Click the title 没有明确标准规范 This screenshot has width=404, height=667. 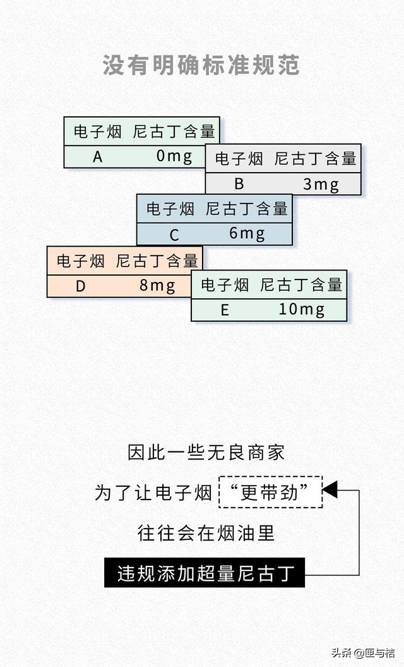(x=201, y=66)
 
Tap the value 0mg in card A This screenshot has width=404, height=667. (x=174, y=156)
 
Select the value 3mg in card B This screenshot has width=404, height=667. (x=321, y=184)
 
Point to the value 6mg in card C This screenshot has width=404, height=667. (x=247, y=234)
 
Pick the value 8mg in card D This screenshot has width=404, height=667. (x=157, y=286)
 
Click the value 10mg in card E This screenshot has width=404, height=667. (x=301, y=310)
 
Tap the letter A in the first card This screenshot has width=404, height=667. (x=97, y=157)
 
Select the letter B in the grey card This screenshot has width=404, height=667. (x=239, y=184)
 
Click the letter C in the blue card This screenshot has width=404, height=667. (x=174, y=235)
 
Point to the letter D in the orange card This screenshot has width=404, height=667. (x=80, y=286)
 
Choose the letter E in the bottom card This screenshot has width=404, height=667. (x=224, y=310)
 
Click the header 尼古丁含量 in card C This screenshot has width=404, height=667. (x=247, y=208)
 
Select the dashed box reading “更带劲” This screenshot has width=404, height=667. (x=270, y=492)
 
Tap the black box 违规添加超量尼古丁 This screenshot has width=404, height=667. (x=205, y=573)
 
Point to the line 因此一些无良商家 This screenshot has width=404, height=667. (x=206, y=452)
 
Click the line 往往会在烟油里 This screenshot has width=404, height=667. (x=206, y=533)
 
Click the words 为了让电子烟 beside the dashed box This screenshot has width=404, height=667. (x=153, y=493)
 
